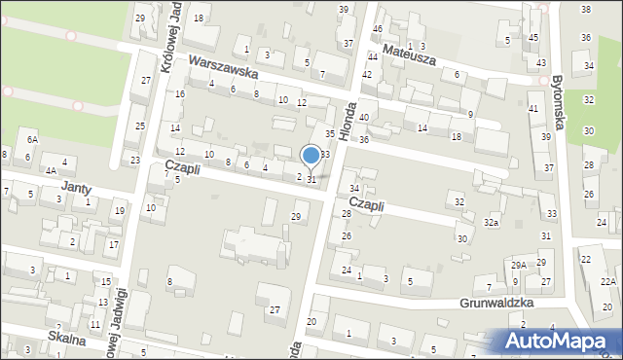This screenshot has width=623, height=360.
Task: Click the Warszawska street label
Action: tap(224, 66)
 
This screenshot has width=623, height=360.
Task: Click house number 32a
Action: tap(492, 223)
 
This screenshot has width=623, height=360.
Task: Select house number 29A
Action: tap(519, 265)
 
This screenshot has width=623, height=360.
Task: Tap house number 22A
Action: tap(607, 281)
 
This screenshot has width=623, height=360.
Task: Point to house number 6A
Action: tap(32, 140)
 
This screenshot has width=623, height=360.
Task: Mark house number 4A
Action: tap(49, 170)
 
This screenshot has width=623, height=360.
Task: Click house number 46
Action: tap(377, 28)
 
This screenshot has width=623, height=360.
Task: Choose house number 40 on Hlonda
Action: tap(363, 117)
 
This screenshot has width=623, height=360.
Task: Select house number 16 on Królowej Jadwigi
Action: tap(179, 93)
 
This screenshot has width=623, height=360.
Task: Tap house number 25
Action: tap(140, 126)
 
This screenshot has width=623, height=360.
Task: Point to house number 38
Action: tap(585, 9)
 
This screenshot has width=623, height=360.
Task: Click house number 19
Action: tap(119, 210)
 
